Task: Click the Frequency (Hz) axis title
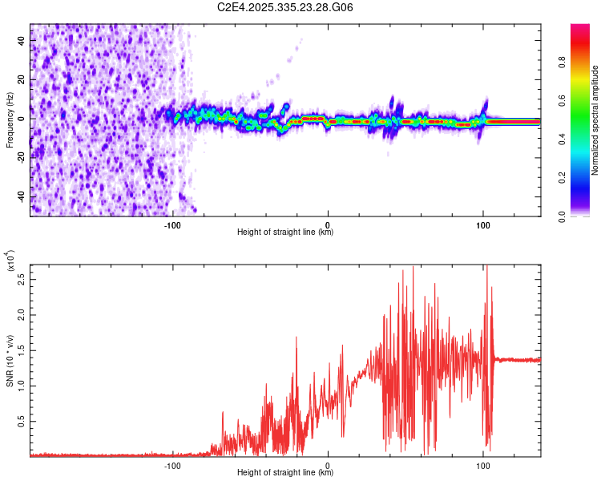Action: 10,119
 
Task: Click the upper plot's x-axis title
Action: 285,232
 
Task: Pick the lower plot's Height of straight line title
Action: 285,472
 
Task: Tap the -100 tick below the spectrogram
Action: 172,224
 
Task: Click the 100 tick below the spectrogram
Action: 482,224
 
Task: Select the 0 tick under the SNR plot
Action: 328,464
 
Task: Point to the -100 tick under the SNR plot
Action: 172,464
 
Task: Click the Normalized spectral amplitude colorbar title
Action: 595,120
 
